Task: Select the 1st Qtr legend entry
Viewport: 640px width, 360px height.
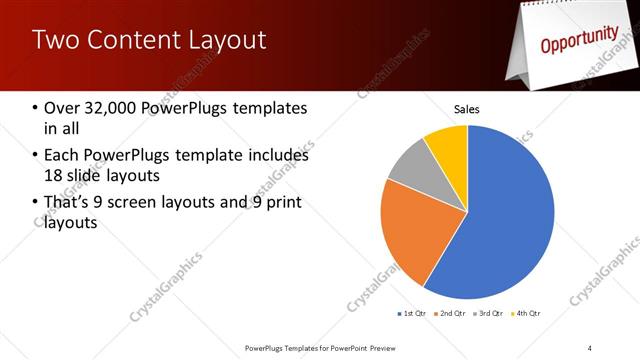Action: click(412, 314)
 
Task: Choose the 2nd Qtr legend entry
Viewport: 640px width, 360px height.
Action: click(452, 314)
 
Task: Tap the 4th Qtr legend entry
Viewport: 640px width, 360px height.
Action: click(528, 314)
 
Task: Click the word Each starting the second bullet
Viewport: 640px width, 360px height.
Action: click(62, 156)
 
